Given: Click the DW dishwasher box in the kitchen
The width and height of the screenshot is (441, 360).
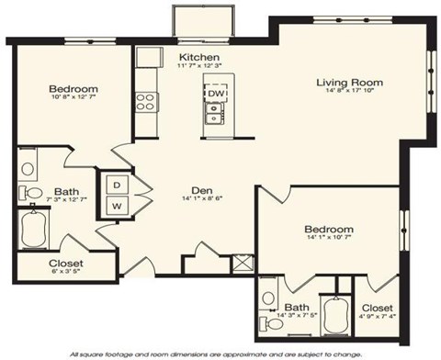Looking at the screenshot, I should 214,94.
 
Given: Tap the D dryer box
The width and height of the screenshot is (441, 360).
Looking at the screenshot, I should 117,184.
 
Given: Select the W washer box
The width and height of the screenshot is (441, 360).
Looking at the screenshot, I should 117,206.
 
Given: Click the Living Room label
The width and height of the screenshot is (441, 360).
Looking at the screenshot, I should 349,83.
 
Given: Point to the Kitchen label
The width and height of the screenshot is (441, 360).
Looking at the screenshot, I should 196,56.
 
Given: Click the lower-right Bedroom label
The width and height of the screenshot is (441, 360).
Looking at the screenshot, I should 328,229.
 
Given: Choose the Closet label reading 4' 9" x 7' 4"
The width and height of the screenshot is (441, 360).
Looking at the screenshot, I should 377,313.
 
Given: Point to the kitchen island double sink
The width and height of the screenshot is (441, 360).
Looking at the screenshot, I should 214,114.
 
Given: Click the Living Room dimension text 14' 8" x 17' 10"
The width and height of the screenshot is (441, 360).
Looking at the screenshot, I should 349,95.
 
